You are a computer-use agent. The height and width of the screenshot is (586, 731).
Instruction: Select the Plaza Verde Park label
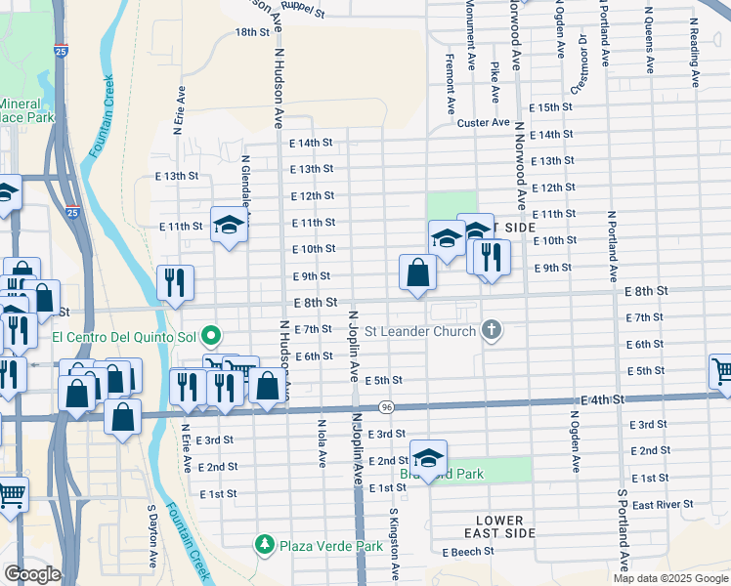click(331, 546)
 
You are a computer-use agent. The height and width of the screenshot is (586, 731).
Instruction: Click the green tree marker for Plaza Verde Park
click(264, 543)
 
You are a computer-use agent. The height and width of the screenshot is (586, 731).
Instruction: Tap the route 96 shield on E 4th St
click(388, 406)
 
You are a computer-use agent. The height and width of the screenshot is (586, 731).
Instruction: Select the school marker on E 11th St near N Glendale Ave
click(229, 226)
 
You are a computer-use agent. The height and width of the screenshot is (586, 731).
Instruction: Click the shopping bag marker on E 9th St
click(417, 273)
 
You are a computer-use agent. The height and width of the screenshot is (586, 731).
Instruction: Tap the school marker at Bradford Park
click(428, 456)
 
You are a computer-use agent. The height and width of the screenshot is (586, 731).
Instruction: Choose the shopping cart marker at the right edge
click(721, 372)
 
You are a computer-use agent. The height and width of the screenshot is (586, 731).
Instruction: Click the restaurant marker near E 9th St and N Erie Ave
click(175, 283)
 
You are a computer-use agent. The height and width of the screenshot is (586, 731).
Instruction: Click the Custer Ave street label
click(484, 123)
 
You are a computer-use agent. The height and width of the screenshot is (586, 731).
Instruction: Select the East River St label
click(662, 505)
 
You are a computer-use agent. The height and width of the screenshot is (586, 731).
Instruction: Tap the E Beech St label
click(468, 552)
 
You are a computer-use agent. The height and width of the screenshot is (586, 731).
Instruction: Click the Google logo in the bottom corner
click(32, 573)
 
